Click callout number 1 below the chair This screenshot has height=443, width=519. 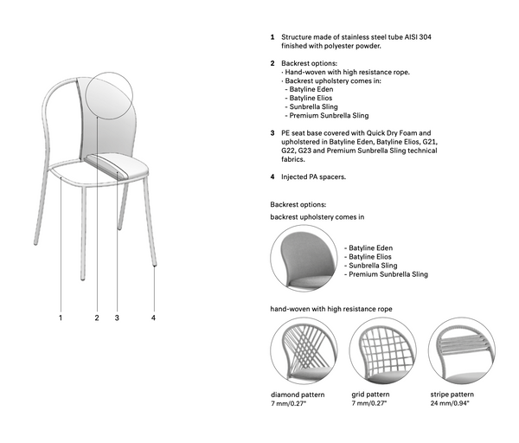[61, 318]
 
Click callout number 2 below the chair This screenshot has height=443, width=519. [97, 318]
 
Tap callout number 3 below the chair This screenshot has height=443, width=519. [116, 318]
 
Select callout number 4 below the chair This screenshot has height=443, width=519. [154, 318]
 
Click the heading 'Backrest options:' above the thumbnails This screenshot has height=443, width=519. [298, 204]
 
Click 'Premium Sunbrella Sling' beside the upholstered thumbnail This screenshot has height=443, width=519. [388, 274]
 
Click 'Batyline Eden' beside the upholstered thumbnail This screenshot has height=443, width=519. [370, 247]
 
